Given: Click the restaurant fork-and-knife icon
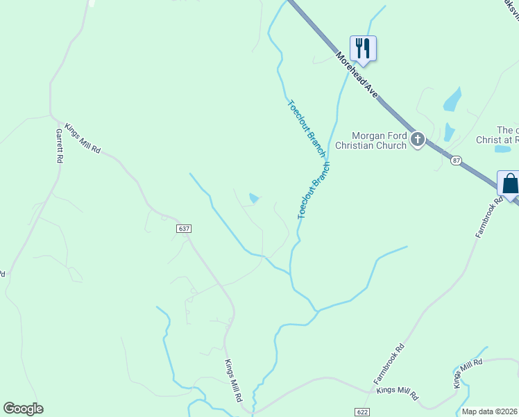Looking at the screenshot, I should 363,48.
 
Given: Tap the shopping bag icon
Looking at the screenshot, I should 509,184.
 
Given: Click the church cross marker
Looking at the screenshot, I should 418,140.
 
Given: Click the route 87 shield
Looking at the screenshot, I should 455,161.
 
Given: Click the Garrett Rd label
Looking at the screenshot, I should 59,145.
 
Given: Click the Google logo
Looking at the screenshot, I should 23,409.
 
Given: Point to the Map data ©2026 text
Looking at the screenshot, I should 490,411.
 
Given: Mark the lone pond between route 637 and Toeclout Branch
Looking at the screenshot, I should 254,199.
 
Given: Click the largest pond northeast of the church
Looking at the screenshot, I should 452,100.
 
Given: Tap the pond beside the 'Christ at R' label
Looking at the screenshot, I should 502,149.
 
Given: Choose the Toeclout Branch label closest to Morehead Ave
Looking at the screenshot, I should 306,128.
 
